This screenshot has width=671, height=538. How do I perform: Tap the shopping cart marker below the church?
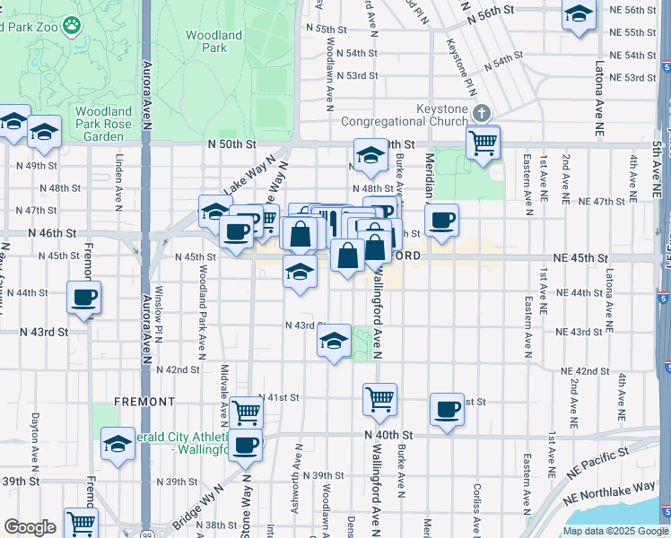[x=483, y=142]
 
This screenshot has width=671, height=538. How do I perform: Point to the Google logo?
[x=30, y=527]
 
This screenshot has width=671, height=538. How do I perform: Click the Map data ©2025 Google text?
[x=615, y=531]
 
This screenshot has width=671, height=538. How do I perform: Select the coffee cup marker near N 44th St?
[x=83, y=297]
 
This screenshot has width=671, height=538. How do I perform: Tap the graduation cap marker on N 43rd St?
[x=334, y=342]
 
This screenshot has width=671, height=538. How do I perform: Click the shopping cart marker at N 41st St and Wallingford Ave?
[x=379, y=399]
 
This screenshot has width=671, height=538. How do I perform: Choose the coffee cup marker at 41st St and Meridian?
[x=446, y=410]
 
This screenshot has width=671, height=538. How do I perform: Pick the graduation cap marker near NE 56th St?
[x=579, y=14]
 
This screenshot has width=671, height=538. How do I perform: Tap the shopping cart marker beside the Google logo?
[x=81, y=522]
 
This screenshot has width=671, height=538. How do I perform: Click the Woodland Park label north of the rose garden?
[x=213, y=41]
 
